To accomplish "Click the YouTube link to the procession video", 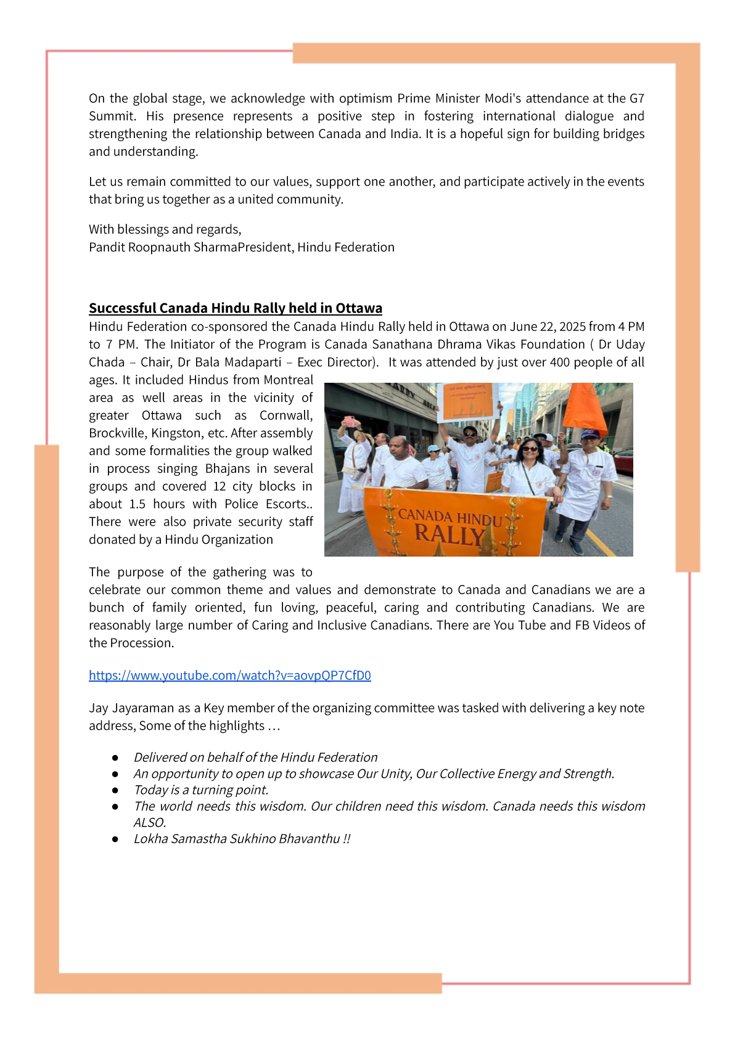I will pos(229,676).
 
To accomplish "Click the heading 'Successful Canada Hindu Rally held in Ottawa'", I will pos(235,308).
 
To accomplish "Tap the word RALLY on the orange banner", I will pos(448,534).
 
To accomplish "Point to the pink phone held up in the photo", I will pos(350,422).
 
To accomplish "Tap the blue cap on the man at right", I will pos(590,434).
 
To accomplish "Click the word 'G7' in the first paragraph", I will pos(636,99).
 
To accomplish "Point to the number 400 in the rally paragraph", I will pos(559,362).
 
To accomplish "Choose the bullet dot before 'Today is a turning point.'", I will pos(115,790).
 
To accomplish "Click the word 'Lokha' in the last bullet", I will pos(150,839).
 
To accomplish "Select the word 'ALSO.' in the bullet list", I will pos(150,823).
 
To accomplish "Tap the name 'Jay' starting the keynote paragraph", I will pos(99,708).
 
